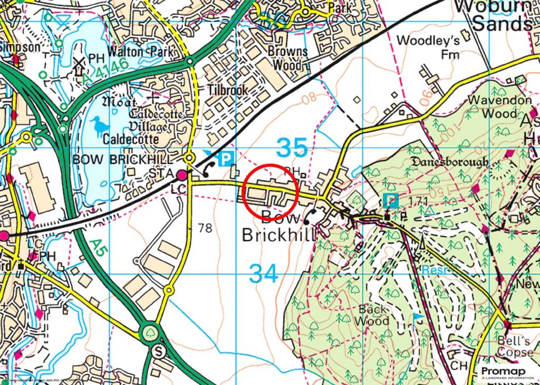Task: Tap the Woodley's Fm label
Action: [428, 47]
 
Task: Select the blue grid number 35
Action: [292, 148]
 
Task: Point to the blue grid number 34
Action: [263, 273]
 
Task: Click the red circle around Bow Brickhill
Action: [272, 192]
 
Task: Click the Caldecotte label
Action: [131, 140]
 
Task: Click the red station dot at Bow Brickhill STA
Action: [182, 175]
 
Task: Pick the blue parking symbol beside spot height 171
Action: [390, 200]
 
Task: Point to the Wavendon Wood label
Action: [493, 106]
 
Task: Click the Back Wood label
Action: [372, 315]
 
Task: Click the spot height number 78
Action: [205, 228]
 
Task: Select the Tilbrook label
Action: [227, 90]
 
